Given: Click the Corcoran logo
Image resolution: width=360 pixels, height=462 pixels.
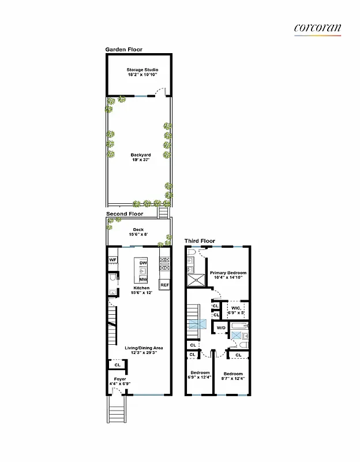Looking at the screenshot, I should click(x=317, y=28).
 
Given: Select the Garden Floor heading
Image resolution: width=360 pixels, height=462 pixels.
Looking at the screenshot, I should click(x=123, y=50).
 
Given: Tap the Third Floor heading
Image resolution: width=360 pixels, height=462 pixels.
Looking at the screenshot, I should click(x=200, y=241).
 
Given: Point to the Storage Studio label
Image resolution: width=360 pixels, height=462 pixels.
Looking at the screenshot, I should click(x=142, y=70).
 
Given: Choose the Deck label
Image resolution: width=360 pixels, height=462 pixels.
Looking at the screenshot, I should click(x=138, y=229).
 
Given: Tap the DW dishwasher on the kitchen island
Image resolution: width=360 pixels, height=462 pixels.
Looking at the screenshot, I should click(x=142, y=263).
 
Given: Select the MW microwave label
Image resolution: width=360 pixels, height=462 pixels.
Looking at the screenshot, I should click(x=142, y=279).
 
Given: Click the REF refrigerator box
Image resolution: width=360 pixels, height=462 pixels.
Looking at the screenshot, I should click(x=164, y=285).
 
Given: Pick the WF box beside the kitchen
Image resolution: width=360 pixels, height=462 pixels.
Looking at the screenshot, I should click(x=112, y=260).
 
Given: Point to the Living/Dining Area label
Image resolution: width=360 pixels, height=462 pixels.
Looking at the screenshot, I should click(x=144, y=348).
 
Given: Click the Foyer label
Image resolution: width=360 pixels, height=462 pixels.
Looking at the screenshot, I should click(x=120, y=379).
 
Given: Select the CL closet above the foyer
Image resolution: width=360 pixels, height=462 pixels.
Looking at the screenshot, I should click(x=117, y=365).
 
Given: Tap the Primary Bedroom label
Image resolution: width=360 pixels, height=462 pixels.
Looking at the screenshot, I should click(x=228, y=273).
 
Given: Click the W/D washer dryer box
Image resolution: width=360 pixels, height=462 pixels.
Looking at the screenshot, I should click(x=221, y=329).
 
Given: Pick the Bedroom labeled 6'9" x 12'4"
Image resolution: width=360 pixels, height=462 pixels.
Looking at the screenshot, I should click(x=200, y=373).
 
